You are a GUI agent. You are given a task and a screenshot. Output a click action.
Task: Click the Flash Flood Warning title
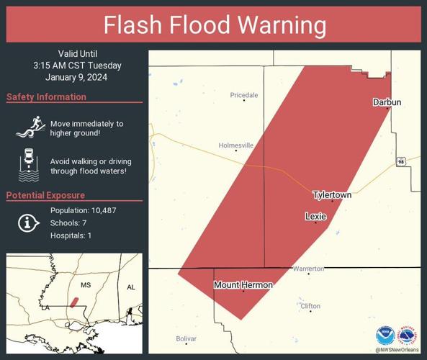tap(214, 25)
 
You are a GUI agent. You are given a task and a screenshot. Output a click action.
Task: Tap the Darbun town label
tap(386, 102)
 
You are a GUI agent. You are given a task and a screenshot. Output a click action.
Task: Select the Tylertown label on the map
tap(332, 195)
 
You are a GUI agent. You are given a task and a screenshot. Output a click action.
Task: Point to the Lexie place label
tap(315, 216)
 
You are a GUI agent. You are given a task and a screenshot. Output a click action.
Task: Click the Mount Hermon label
tap(243, 285)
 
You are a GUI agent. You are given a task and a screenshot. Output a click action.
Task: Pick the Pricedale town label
tap(243, 95)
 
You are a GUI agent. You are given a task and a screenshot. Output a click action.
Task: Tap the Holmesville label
tap(236, 145)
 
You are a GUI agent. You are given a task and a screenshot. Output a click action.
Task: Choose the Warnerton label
tap(308, 269)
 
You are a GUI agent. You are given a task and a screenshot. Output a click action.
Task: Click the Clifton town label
tap(310, 306)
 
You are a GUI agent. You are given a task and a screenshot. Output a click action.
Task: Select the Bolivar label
tap(186, 338)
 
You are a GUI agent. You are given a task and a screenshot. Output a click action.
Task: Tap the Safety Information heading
tap(46, 97)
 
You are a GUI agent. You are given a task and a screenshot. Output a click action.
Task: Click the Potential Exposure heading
tap(45, 195)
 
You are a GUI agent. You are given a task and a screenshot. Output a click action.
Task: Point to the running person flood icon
tap(27, 127)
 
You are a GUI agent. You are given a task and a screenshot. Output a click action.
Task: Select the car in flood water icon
tap(27, 164)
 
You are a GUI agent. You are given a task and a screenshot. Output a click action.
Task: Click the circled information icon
tap(27, 223)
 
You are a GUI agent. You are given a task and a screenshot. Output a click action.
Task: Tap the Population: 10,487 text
tap(84, 210)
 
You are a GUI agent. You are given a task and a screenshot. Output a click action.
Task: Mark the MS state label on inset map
tap(86, 285)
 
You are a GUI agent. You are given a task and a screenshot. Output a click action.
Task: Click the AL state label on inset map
tap(131, 287)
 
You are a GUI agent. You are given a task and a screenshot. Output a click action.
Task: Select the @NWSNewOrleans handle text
tap(396, 350)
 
